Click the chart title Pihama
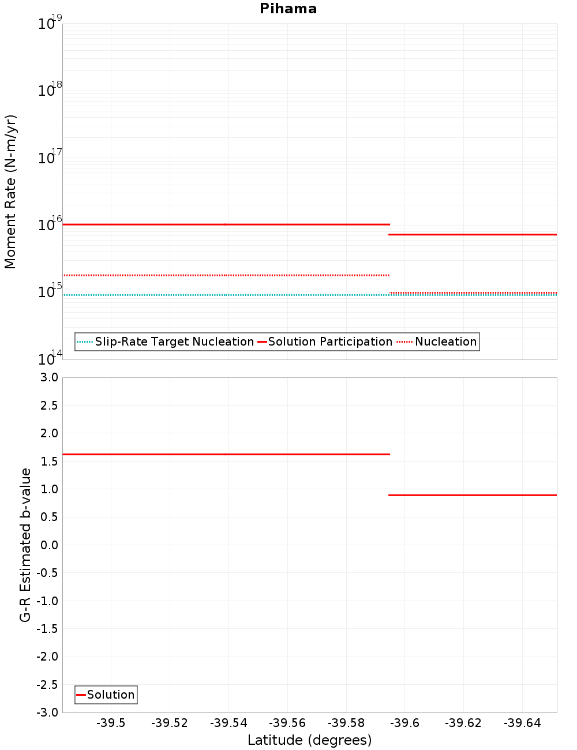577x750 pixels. [x=288, y=9]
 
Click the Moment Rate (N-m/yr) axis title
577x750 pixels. [x=10, y=192]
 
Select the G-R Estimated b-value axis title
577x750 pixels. [x=25, y=545]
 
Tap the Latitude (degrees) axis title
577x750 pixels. [x=309, y=740]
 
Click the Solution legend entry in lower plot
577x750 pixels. [x=110, y=695]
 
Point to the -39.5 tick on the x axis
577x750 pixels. [x=111, y=723]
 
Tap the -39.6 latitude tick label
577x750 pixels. [x=404, y=723]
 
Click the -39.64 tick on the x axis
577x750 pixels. [x=522, y=723]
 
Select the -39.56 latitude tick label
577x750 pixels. [x=287, y=723]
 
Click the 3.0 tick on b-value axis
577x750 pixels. [x=48, y=377]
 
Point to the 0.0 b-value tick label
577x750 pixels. [x=48, y=545]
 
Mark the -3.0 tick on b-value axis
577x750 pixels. [x=47, y=712]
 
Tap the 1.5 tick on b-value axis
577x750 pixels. [x=48, y=462]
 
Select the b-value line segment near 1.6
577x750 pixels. [x=225, y=455]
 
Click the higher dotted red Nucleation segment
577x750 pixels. [x=225, y=275]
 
